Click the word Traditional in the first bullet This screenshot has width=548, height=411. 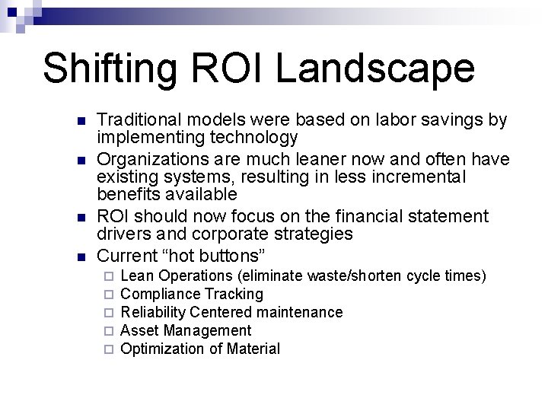139,121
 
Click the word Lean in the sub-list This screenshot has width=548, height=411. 136,276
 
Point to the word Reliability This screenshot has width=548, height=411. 154,312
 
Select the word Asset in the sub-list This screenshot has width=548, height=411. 138,330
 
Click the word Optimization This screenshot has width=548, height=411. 158,349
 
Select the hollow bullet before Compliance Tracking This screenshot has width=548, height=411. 109,295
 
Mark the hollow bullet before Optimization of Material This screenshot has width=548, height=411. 109,349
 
